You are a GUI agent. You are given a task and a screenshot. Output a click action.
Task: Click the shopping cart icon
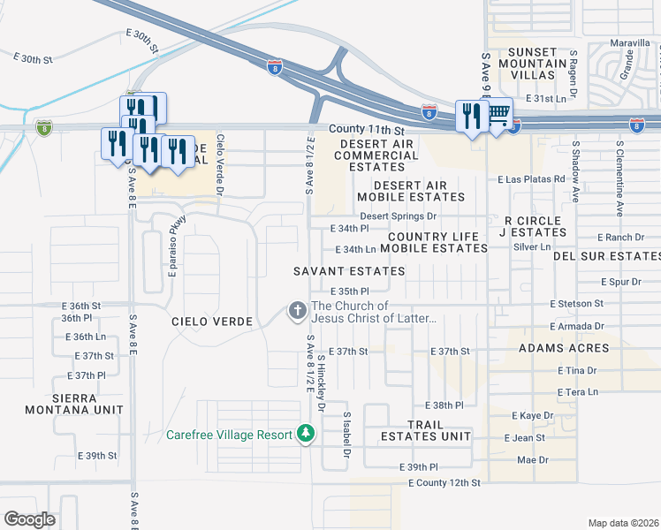pyautogui.click(x=498, y=112)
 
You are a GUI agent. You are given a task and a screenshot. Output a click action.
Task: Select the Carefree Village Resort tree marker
pyautogui.click(x=305, y=434)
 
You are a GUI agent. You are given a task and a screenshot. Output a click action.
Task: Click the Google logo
pyautogui.click(x=30, y=519)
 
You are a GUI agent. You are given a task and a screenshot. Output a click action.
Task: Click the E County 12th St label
pyautogui.click(x=444, y=483)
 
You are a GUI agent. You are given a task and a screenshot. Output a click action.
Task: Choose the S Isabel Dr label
pyautogui.click(x=347, y=435)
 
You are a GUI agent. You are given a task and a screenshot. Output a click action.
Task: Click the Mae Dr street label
pyautogui.click(x=532, y=460)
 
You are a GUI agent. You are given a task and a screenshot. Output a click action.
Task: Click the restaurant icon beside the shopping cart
pyautogui.click(x=471, y=116)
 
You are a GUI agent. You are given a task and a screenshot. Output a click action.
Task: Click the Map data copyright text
pyautogui.click(x=623, y=522)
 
